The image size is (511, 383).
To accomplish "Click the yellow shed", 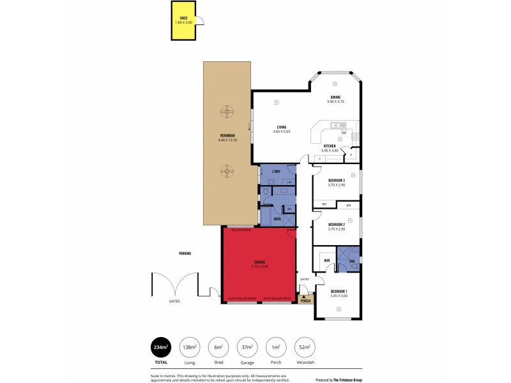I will [183, 22].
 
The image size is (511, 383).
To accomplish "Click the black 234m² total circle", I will [160, 347].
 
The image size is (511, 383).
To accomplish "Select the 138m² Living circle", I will [190, 347].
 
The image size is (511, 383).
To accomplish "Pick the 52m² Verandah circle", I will [305, 347].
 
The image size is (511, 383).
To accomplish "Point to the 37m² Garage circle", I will [247, 347].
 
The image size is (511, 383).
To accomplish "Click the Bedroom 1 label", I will [339, 292].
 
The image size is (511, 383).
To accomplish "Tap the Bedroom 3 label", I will [337, 180].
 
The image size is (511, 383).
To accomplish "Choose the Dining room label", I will [335, 98].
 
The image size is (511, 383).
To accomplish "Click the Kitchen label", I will [330, 146].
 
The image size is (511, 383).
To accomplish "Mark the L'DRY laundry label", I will [277, 172].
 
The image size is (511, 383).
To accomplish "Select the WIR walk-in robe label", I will [326, 260].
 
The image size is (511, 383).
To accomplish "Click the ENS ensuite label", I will [353, 260].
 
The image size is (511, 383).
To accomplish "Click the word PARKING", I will [185, 253].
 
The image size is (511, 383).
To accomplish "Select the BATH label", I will [277, 219].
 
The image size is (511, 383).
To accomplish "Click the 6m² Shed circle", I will [218, 347].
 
